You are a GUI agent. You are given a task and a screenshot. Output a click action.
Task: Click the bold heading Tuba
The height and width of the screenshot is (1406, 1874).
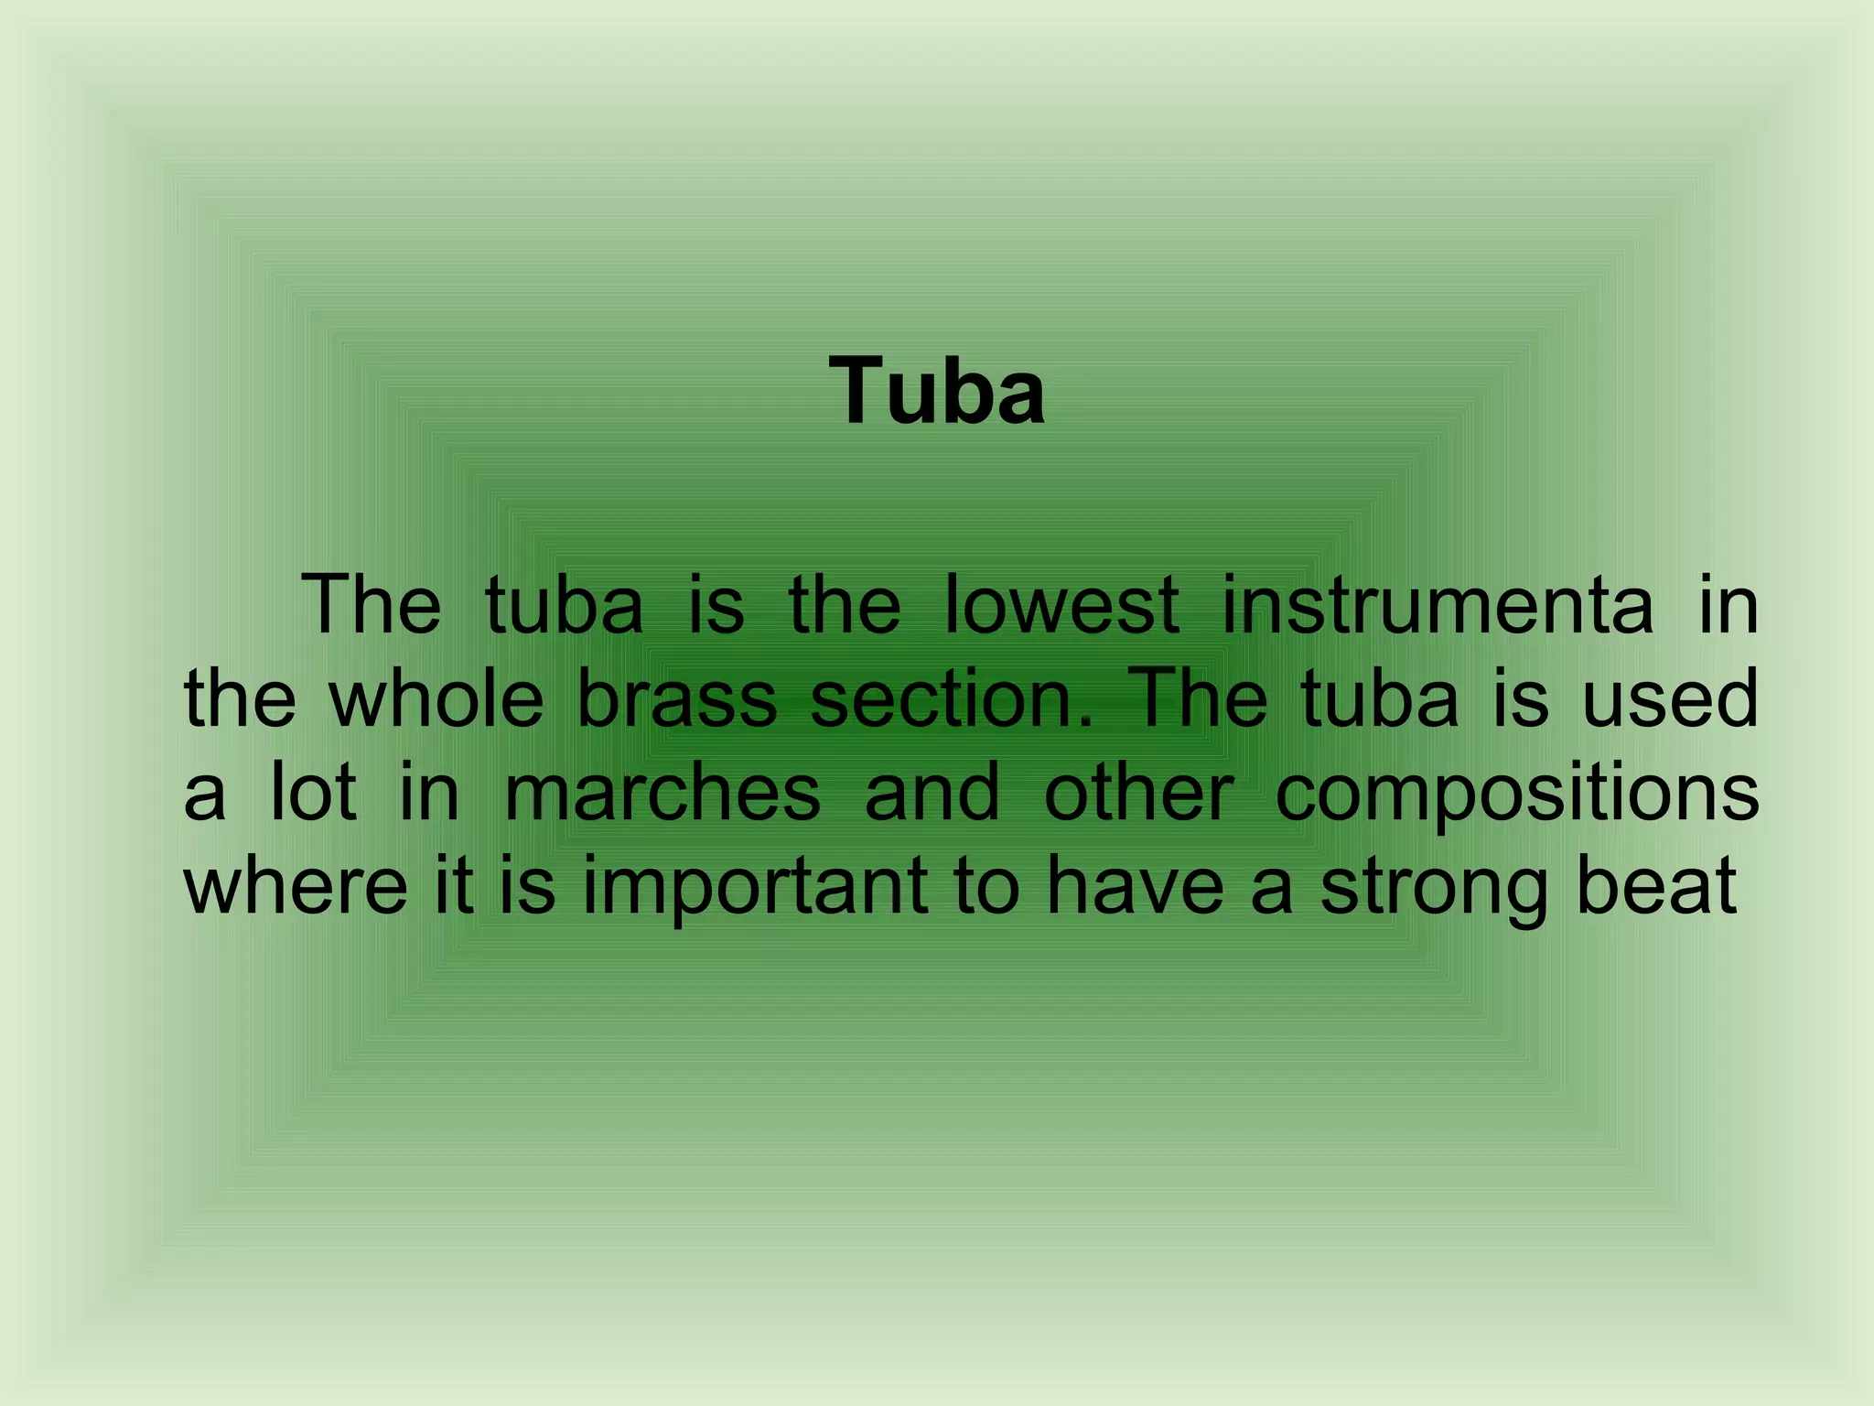pyautogui.click(x=937, y=392)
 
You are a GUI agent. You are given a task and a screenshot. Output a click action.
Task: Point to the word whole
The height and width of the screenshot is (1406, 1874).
pyautogui.click(x=436, y=698)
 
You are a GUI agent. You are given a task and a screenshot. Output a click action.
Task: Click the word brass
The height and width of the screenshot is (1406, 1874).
pyautogui.click(x=677, y=698)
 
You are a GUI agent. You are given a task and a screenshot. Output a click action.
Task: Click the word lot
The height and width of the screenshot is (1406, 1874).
pyautogui.click(x=312, y=793)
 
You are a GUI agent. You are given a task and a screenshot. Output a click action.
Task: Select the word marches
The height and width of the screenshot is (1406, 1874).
pyautogui.click(x=662, y=793)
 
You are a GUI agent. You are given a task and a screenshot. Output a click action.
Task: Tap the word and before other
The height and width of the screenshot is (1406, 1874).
pyautogui.click(x=932, y=793)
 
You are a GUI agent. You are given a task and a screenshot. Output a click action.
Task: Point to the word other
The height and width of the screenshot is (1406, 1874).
pyautogui.click(x=1138, y=793)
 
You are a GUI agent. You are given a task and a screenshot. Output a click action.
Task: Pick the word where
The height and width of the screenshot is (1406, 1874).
pyautogui.click(x=296, y=886)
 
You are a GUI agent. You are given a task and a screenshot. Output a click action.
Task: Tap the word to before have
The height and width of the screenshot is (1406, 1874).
pyautogui.click(x=986, y=886)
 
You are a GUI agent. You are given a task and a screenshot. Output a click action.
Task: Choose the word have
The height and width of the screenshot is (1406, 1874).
pyautogui.click(x=1135, y=886)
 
